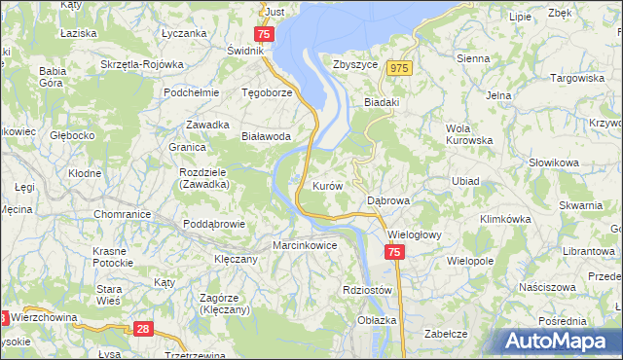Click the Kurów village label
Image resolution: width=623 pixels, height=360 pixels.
point(326,185)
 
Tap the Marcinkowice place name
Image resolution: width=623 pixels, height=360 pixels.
point(305,245)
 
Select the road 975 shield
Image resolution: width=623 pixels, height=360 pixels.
point(399,68)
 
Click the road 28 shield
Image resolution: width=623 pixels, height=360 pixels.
point(143,331)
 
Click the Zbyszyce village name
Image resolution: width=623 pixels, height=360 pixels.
point(355,64)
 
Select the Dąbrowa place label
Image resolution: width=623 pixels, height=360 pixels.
point(389,200)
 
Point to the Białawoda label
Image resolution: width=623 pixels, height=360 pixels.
point(267,137)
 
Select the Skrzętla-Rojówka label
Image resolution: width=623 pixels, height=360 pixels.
point(142,64)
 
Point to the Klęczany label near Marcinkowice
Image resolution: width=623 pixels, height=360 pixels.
point(236,260)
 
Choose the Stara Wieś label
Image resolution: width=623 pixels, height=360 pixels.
point(108,295)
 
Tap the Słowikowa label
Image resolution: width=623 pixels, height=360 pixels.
point(554,162)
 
